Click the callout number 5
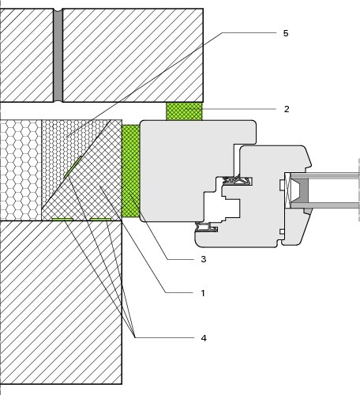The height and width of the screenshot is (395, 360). pos(286,33)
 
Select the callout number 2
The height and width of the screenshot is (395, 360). pos(287,109)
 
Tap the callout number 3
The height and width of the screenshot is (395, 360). pos(204,259)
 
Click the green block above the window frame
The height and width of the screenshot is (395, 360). pos(184,111)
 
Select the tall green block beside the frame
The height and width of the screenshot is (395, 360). pos(131,171)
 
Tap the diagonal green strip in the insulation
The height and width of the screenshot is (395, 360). pos(73,167)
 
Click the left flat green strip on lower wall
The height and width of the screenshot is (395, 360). pos(62,219)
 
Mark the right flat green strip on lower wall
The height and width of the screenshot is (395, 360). pos(100,219)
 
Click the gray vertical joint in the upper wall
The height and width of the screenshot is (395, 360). pos(58,55)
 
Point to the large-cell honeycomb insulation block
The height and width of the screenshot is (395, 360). pos(21,170)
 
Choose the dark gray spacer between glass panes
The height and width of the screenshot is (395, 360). pos(302,188)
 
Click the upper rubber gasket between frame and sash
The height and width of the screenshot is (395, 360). pos(238,181)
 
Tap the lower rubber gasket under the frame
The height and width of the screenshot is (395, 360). pos(206,227)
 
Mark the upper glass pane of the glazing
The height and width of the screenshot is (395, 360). pos(325,175)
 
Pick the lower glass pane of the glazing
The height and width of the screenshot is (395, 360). pos(325,205)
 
